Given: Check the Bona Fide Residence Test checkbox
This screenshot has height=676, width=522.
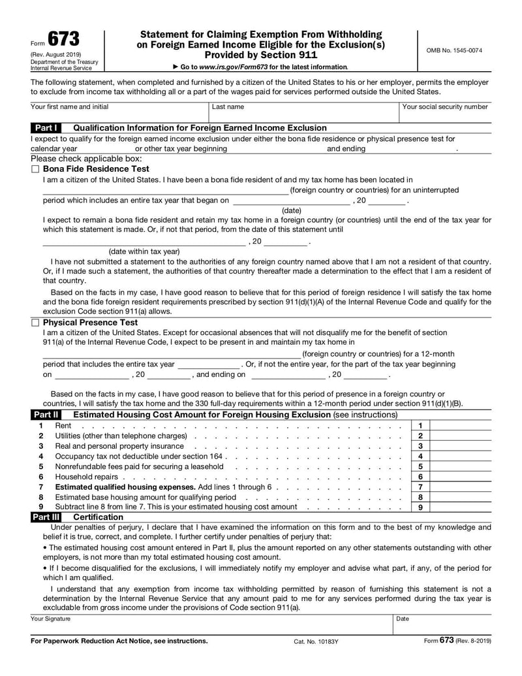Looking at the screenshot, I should coord(35,169).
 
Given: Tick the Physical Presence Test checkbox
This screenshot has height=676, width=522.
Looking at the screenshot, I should coord(35,323).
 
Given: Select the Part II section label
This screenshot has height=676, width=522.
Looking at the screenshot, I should coord(46,415).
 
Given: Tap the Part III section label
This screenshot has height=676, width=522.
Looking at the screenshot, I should coord(46,517).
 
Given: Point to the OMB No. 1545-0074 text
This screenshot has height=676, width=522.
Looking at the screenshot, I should coord(454,50).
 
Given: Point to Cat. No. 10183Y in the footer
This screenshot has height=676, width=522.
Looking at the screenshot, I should coord(316,641).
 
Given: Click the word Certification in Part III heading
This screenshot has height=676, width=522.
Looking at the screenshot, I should coord(98,517).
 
